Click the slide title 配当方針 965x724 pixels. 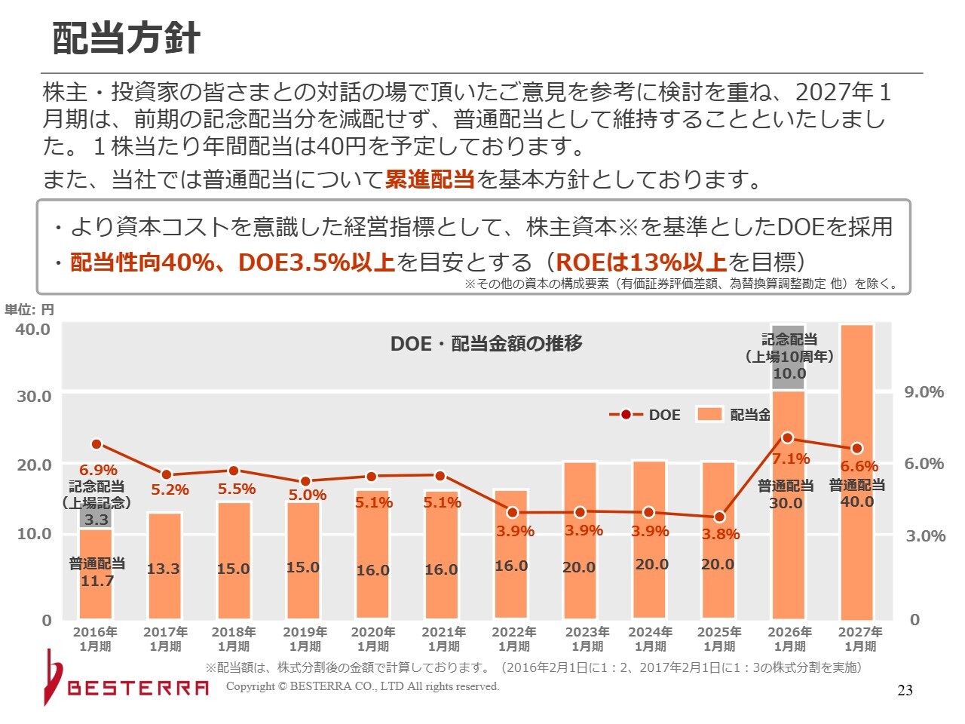coord(127,38)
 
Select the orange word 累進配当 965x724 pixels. coord(430,179)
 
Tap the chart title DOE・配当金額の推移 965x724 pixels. coord(486,343)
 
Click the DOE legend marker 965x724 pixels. coord(626,415)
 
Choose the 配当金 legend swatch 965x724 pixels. coord(709,414)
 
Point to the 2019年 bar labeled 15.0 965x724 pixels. coord(304,560)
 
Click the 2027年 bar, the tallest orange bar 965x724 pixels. coord(857,471)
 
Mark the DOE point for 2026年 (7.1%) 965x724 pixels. coord(788,438)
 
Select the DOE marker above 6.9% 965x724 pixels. coord(96,444)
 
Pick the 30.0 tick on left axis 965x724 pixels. coord(34,397)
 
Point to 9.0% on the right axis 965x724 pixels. coord(924,391)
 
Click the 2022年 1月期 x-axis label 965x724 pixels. coord(514,640)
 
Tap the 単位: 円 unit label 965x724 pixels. coord(29,310)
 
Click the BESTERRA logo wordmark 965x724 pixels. coord(138,689)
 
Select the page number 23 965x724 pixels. coord(905,690)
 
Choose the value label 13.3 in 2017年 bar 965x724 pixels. coord(164,569)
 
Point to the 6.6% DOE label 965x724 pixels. coord(859,466)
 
